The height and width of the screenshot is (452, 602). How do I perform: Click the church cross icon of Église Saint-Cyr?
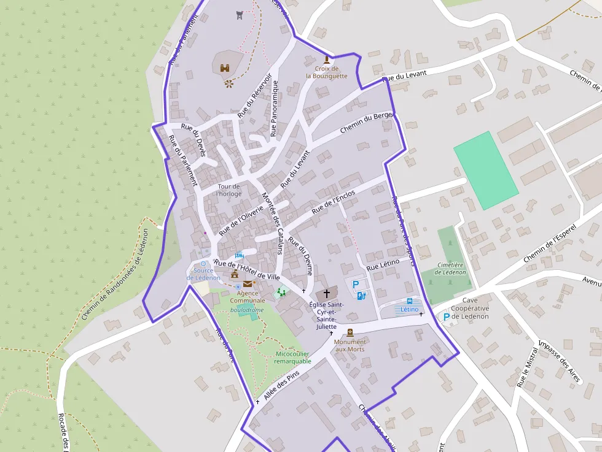point(327,294)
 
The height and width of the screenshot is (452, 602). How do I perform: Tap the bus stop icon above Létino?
point(410,301)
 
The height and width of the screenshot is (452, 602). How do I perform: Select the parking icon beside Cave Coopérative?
point(446,316)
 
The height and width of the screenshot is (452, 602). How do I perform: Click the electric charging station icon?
point(361,296)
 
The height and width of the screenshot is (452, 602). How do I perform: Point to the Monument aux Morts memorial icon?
point(350,332)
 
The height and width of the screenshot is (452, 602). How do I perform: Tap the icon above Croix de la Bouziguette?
point(327,59)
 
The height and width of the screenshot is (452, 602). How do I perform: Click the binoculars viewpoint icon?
point(225,68)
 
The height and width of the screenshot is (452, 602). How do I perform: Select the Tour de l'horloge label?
point(229,190)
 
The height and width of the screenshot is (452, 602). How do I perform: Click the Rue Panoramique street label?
point(274,108)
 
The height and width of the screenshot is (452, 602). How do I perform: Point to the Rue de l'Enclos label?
point(334,202)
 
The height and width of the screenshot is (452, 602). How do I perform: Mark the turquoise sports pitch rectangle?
point(485,170)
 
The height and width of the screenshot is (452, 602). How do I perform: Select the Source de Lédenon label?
point(203,274)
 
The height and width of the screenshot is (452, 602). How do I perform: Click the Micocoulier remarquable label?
point(292,358)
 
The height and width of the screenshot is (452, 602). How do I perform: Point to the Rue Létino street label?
point(383,265)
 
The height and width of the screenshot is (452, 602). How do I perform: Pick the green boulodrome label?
point(247,310)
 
